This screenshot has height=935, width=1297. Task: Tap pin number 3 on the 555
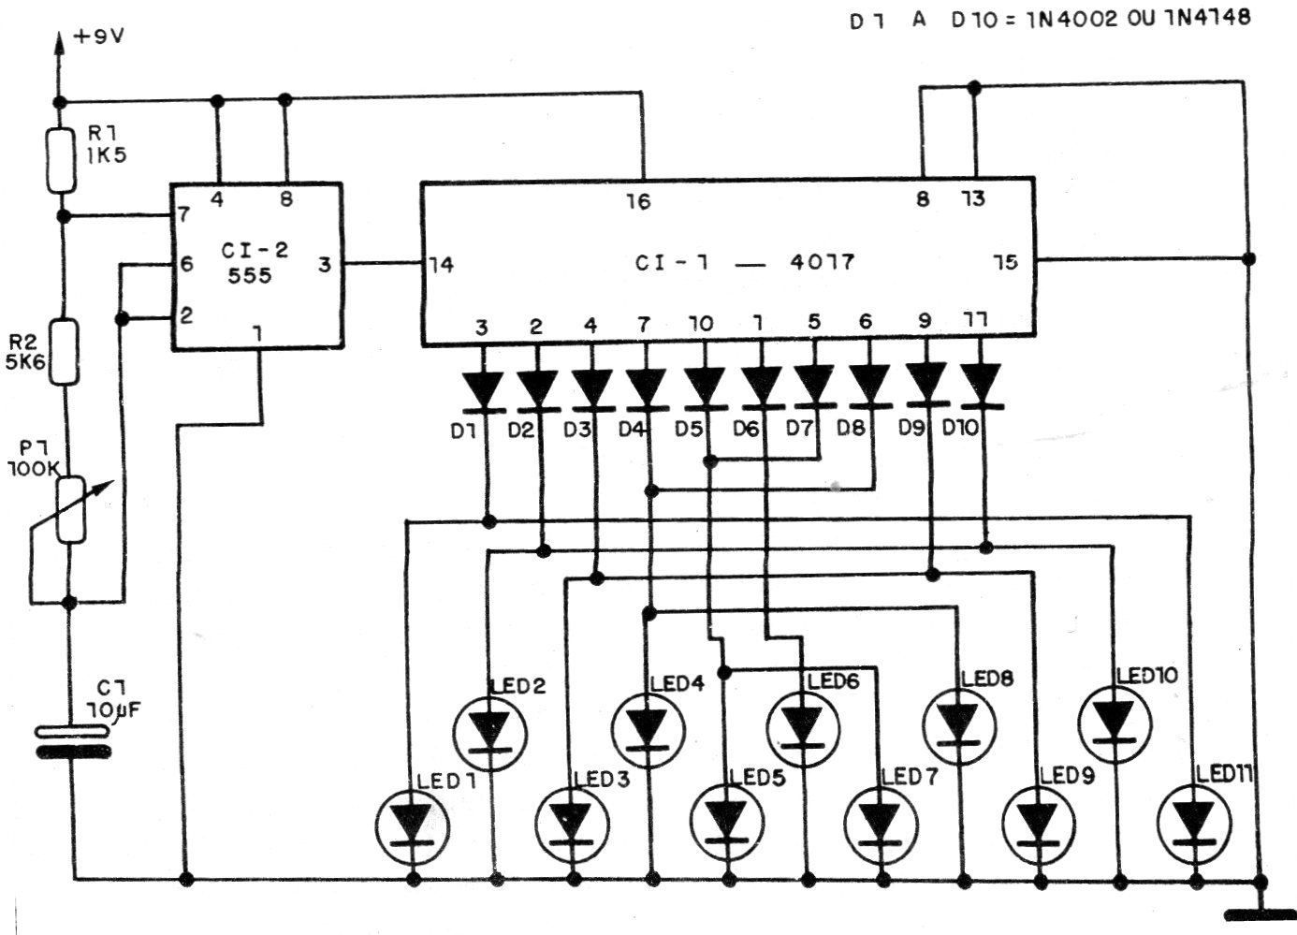tap(325, 265)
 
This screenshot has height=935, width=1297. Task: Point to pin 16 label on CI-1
tap(639, 200)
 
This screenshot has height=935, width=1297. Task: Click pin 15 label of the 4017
tap(1005, 263)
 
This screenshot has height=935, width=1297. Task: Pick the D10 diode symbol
tap(982, 386)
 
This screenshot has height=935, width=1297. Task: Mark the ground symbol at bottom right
tap(1261, 912)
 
